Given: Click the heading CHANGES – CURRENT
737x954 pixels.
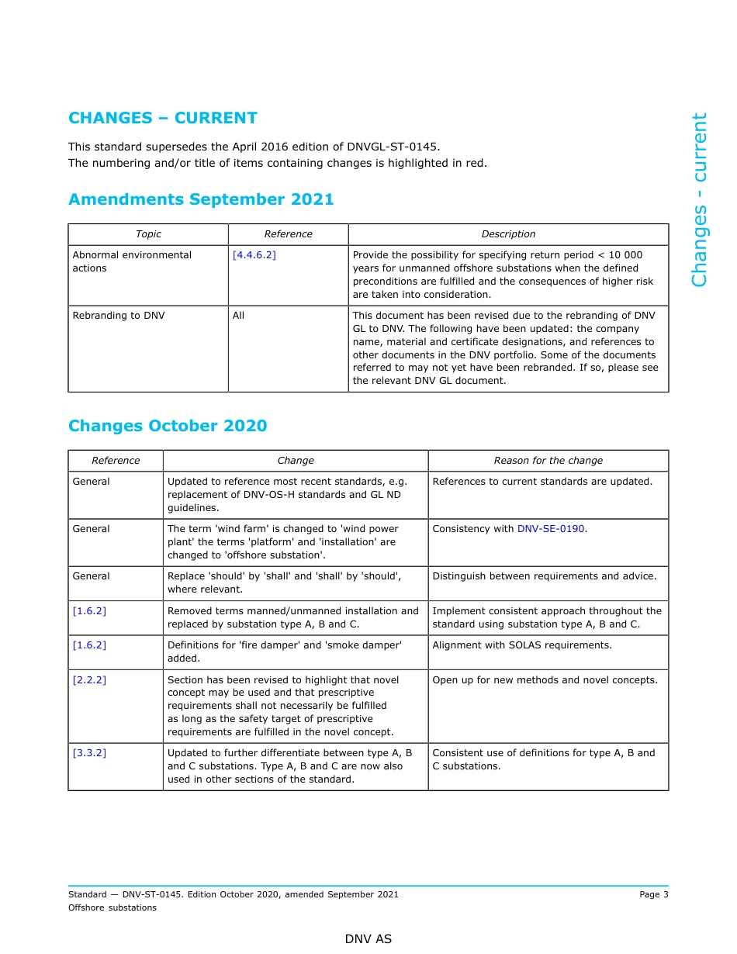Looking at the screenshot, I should tap(162, 118).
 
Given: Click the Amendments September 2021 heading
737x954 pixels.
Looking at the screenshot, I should tap(201, 199).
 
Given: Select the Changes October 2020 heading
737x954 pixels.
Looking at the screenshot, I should tap(168, 426).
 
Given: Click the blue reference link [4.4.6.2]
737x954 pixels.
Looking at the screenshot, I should tap(254, 255).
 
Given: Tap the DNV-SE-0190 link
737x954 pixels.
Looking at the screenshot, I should tap(551, 529).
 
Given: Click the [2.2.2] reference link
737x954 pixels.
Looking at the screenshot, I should tap(89, 680).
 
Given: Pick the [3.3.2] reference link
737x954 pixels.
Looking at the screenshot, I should tap(89, 753).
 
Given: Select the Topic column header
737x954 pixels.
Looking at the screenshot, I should tap(148, 234).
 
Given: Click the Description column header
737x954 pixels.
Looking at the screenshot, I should tap(508, 234).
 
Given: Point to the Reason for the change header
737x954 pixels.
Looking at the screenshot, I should tap(548, 461).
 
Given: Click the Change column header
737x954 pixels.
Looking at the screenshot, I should tap(296, 461).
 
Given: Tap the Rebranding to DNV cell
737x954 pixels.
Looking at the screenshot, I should tap(119, 316).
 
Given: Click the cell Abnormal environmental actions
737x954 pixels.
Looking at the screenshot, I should tap(132, 261).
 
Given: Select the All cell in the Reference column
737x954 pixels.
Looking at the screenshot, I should tap(238, 316).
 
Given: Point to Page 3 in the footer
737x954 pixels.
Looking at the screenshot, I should tap(653, 894).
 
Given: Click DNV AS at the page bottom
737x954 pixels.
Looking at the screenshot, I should tap(368, 939).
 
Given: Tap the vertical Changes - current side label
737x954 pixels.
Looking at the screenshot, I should tap(699, 200).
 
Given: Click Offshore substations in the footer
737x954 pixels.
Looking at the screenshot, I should tap(112, 907).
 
